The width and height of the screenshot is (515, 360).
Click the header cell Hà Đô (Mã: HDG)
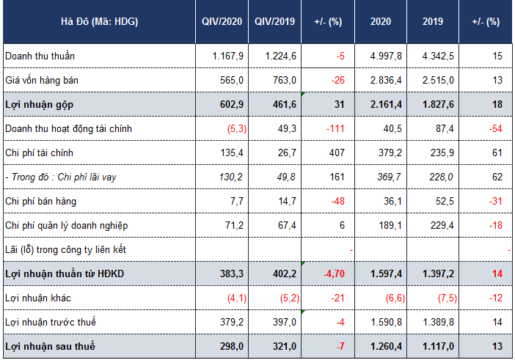point(100,22)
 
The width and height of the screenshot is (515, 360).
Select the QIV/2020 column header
point(222,22)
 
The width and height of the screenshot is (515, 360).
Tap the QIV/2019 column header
point(275,22)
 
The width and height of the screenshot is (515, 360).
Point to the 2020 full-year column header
point(381,22)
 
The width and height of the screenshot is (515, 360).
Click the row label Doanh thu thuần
point(40,56)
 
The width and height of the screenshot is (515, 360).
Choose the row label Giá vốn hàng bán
point(42,81)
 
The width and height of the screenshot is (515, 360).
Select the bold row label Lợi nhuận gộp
point(39,105)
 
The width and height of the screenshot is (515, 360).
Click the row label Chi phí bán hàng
point(41,201)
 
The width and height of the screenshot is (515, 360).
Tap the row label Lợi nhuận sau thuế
point(50,346)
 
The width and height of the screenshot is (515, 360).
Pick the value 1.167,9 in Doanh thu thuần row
point(228,56)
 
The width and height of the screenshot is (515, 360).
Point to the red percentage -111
point(335,128)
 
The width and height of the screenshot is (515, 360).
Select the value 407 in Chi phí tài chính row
point(337,153)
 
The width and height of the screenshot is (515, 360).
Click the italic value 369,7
point(390,177)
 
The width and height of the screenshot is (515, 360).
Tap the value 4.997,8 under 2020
point(386,56)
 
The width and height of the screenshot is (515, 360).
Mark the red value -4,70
point(335,273)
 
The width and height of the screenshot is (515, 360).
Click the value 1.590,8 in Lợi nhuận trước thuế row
point(386,323)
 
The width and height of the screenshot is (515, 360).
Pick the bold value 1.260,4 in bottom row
point(386,346)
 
